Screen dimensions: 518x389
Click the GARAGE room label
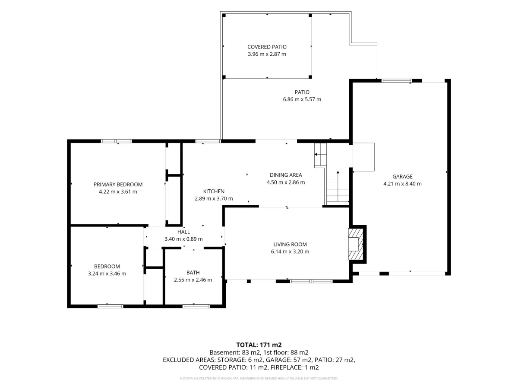click(402, 176)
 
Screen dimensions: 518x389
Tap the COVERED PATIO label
click(267, 47)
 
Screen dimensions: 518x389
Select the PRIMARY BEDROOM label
click(118, 185)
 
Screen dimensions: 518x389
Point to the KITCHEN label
click(214, 191)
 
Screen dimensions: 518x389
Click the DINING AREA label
click(286, 175)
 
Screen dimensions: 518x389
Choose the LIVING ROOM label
click(290, 245)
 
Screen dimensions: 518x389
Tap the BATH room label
click(193, 273)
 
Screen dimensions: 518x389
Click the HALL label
click(183, 232)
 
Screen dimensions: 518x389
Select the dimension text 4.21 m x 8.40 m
click(402, 184)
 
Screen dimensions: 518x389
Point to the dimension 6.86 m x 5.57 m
click(302, 99)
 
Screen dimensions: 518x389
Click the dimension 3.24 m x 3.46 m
click(107, 274)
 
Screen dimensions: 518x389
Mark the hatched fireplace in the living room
click(356, 244)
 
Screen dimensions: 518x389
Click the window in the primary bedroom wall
click(117, 141)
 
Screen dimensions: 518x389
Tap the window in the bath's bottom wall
click(196, 306)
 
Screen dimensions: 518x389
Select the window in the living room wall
click(311, 281)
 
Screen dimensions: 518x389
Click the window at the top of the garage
click(397, 81)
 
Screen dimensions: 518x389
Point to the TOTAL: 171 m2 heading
click(259, 345)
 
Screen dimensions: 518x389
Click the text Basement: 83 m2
click(235, 353)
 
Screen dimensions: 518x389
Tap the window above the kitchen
click(208, 141)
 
